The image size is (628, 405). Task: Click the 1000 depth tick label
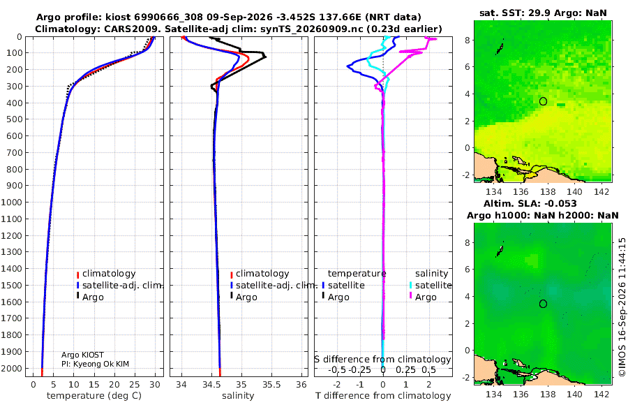click(x=10, y=202)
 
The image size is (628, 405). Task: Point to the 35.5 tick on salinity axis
click(x=271, y=384)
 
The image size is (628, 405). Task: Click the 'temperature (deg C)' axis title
click(x=94, y=395)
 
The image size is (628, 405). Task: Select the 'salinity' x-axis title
click(x=238, y=395)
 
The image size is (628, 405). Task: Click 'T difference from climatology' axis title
click(x=383, y=395)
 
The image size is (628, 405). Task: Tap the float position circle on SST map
click(x=543, y=101)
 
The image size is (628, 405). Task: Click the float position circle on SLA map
click(x=543, y=304)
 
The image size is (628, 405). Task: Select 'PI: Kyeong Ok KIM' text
click(x=96, y=364)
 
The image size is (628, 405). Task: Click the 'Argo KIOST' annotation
click(x=82, y=355)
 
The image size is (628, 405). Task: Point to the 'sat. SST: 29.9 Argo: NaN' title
click(x=543, y=13)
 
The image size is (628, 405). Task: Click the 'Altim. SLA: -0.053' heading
click(x=530, y=203)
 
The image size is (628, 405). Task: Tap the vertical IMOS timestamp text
click(x=622, y=307)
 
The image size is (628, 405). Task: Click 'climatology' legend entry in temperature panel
click(x=109, y=274)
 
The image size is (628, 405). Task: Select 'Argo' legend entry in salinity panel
click(x=246, y=297)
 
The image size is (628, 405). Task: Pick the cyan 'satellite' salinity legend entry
click(x=433, y=285)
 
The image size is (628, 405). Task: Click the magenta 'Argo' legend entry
click(x=426, y=297)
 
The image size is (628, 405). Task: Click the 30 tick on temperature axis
click(x=155, y=384)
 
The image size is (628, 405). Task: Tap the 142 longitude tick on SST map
click(x=601, y=192)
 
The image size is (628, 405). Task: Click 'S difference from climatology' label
click(x=382, y=359)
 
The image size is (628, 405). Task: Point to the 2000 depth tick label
click(x=10, y=368)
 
